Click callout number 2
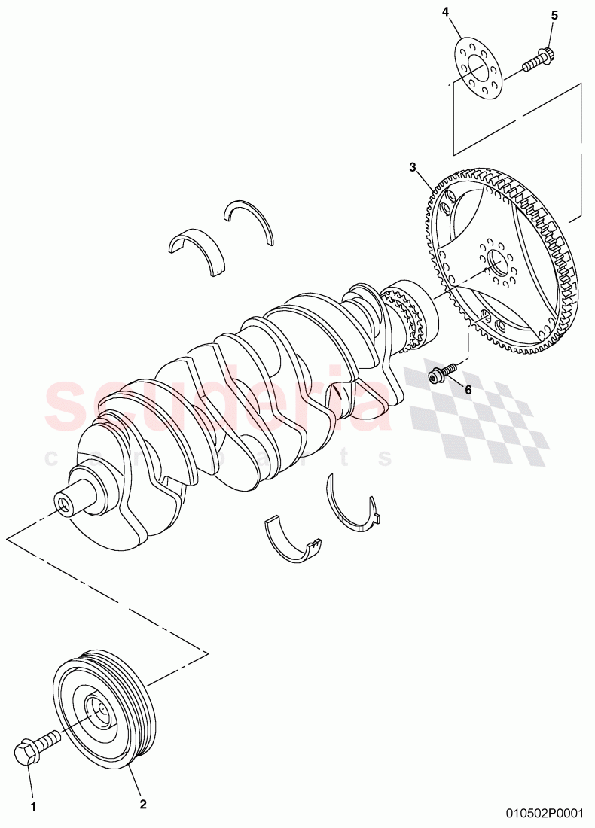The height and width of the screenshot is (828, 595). pos(142,804)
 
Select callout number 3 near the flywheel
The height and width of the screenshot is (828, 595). pos(412,166)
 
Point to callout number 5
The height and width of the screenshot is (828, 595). pos(555,15)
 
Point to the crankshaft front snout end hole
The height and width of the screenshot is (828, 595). pos(63,504)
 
